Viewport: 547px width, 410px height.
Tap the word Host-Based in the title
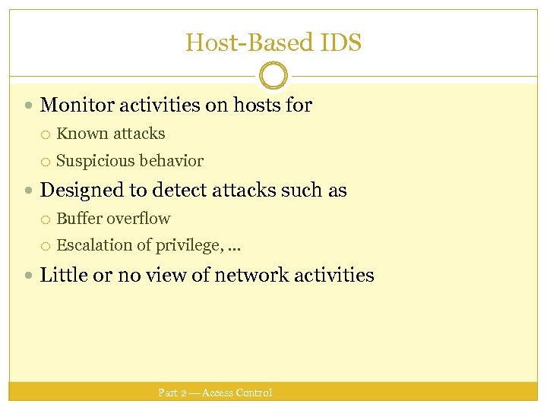coord(246,43)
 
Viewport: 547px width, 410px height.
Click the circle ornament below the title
coord(273,76)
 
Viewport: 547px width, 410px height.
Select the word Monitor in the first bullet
coord(73,106)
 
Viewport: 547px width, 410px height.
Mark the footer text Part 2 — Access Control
coord(215,393)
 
